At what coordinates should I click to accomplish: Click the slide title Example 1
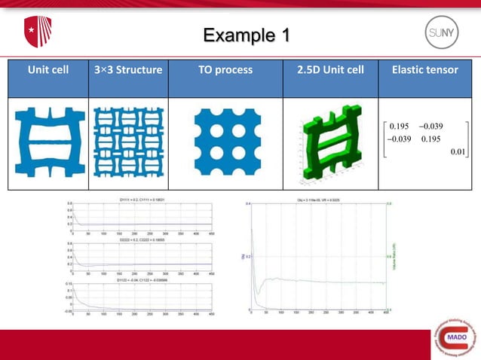click(x=240, y=35)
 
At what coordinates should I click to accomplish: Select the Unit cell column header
click(x=48, y=70)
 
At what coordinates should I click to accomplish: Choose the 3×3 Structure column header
click(x=129, y=70)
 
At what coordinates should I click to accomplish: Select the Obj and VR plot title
click(x=319, y=200)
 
